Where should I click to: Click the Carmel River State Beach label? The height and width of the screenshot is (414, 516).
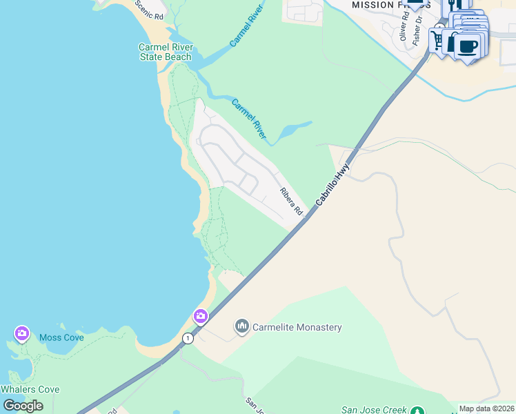(x=166, y=52)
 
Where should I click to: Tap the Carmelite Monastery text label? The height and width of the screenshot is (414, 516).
(x=297, y=328)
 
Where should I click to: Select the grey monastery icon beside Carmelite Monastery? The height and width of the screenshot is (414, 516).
(x=241, y=326)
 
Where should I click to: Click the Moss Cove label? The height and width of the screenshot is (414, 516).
(x=61, y=337)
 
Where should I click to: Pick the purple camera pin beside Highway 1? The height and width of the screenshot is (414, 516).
(x=200, y=317)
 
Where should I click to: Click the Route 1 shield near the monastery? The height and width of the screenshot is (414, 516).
(x=187, y=338)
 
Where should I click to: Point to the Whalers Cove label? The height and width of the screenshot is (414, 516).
(x=30, y=389)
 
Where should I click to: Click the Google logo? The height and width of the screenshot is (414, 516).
(x=23, y=406)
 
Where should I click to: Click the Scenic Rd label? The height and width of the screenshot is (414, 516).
(x=150, y=10)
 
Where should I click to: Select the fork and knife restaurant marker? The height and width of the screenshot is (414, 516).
(x=455, y=4)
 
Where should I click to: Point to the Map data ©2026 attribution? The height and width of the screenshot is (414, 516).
(x=487, y=408)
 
